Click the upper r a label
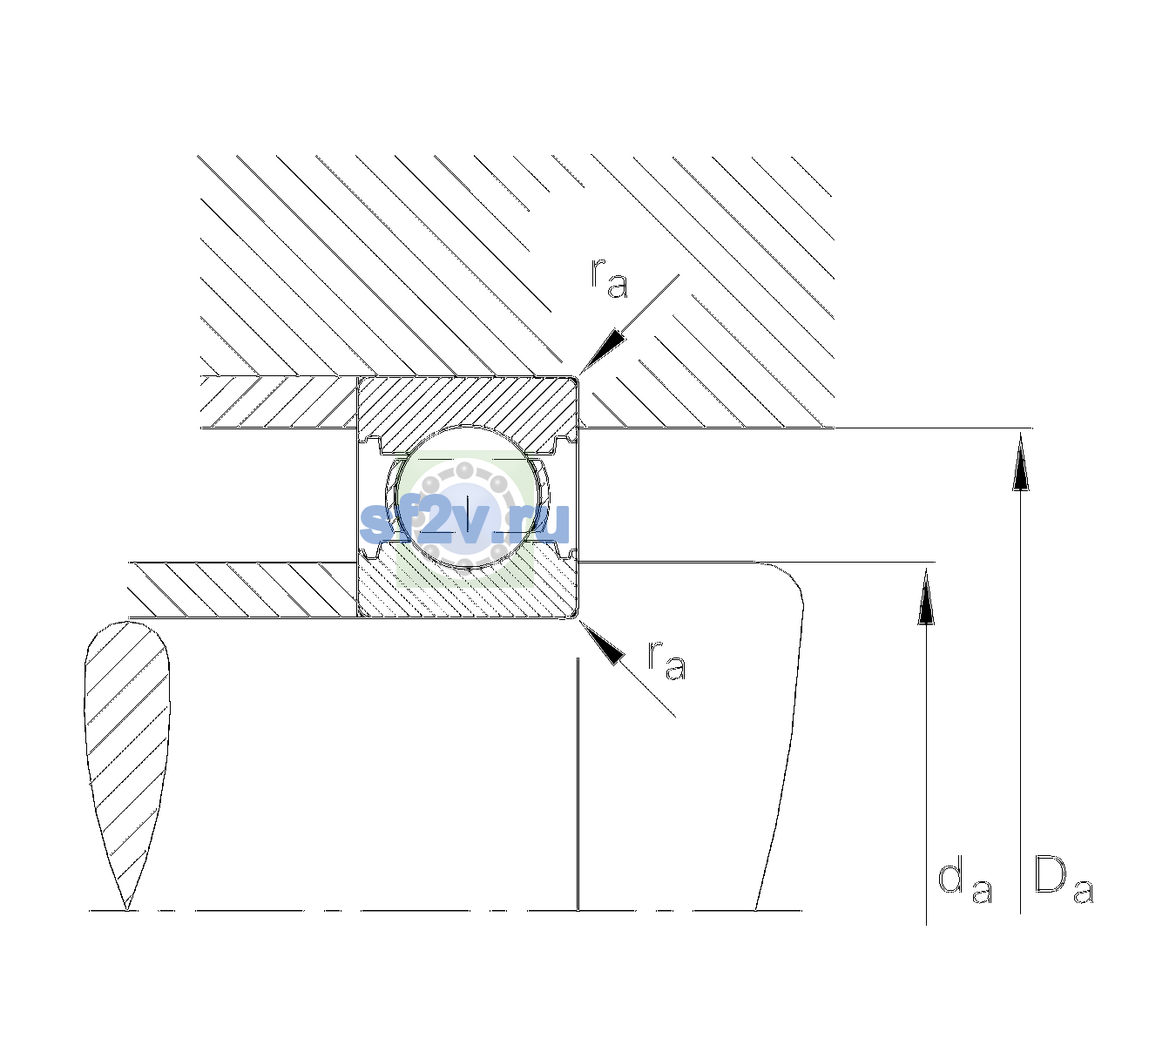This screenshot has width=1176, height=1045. click(x=609, y=278)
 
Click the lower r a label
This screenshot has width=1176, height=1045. click(x=666, y=659)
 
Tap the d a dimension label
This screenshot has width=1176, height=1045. click(x=965, y=882)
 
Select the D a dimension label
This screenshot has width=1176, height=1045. click(x=1064, y=880)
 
